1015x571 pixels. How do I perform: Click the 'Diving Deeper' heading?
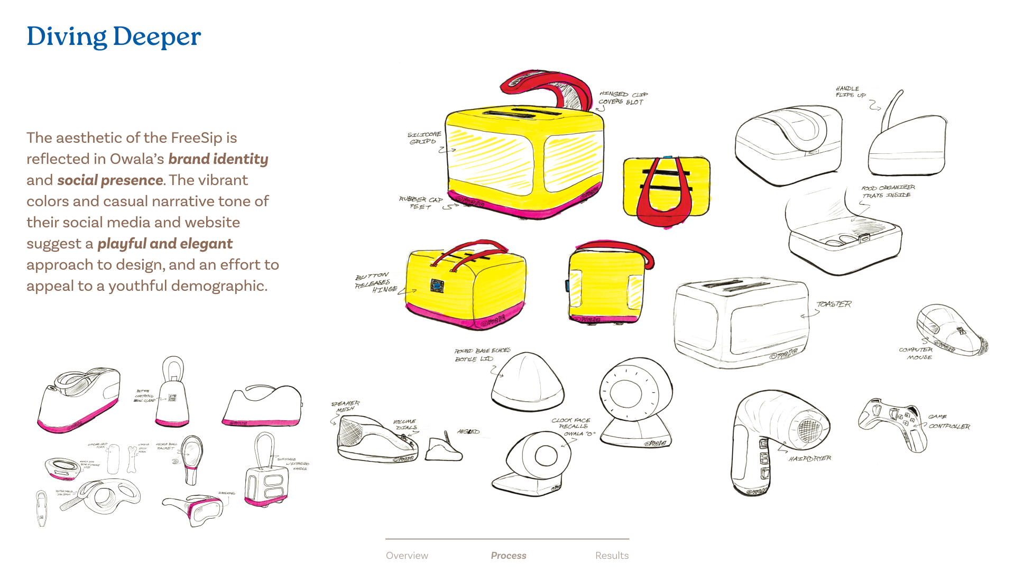click(114, 37)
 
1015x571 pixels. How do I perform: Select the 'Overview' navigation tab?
click(407, 555)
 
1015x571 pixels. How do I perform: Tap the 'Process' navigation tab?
click(508, 555)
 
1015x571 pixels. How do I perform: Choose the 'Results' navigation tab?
click(612, 555)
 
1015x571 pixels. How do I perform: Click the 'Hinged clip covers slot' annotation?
click(623, 98)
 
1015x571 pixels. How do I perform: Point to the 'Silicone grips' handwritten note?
click(424, 138)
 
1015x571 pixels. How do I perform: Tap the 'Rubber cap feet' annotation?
click(421, 203)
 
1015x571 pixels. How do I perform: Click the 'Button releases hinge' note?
click(376, 283)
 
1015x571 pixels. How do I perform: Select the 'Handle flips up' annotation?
click(850, 92)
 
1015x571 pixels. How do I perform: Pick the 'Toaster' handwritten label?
click(834, 304)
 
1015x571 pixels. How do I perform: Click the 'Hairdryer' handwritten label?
click(809, 458)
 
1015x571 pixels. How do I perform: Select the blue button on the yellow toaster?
click(437, 285)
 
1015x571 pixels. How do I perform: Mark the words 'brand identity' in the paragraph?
click(218, 159)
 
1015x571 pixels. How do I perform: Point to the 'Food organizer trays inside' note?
click(888, 191)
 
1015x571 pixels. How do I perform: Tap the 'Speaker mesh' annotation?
click(345, 407)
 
